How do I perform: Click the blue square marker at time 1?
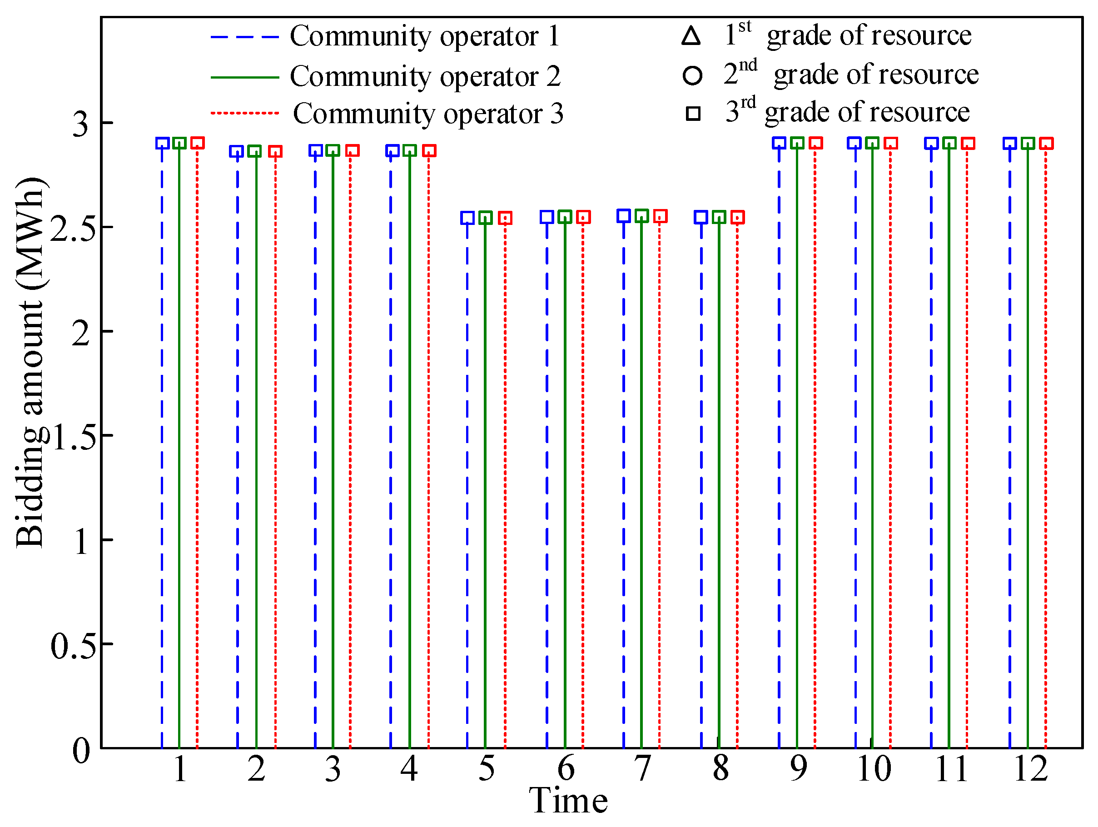pos(162,144)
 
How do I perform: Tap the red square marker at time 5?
pos(505,218)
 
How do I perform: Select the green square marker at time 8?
pos(719,217)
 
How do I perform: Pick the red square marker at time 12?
pos(1046,144)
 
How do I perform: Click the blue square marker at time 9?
pos(779,143)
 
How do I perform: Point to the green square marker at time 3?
pos(333,150)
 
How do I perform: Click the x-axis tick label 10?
pos(874,769)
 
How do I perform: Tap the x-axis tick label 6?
pos(566,769)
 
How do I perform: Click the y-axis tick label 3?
pos(80,124)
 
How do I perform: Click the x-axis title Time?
pos(568,801)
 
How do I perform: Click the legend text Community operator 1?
pos(425,36)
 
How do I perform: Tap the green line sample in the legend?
pos(245,77)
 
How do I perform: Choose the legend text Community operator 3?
pos(428,114)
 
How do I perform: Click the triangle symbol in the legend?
pos(691,36)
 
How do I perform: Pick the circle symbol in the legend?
pos(692,75)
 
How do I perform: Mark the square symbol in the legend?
pos(693,114)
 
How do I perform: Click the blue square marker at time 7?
pos(624,216)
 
